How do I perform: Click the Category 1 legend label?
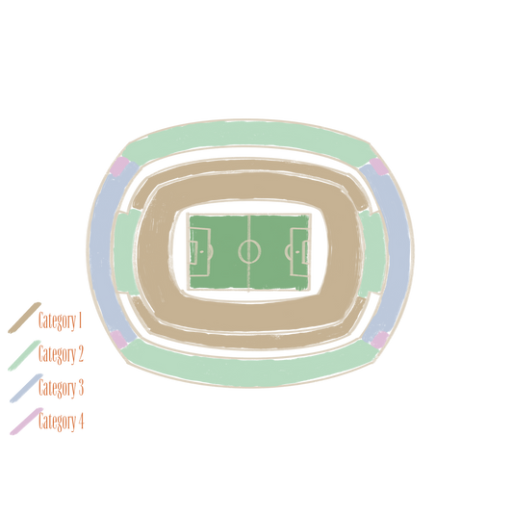tap(60, 321)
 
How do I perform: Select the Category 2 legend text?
tap(61, 353)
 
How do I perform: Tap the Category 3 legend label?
tap(61, 387)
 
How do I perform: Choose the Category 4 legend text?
tap(62, 421)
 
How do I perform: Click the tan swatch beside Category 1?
tap(24, 318)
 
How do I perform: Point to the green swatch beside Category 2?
tap(24, 355)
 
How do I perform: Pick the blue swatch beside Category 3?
tap(26, 388)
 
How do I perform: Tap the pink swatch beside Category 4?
tap(27, 422)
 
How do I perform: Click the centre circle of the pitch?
tap(249, 251)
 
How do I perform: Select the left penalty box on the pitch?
tap(199, 252)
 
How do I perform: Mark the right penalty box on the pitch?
tap(299, 252)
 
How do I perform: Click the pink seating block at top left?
tap(118, 167)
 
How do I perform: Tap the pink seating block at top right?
tap(379, 167)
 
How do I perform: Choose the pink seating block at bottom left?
tap(118, 340)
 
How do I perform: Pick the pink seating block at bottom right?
tap(379, 340)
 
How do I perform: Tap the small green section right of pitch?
tap(373, 252)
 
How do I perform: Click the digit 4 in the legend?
tap(81, 421)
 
